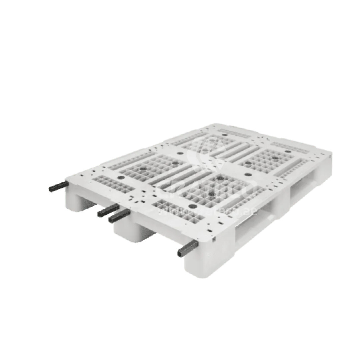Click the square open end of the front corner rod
click(x=180, y=254)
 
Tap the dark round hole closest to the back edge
click(x=224, y=135)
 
